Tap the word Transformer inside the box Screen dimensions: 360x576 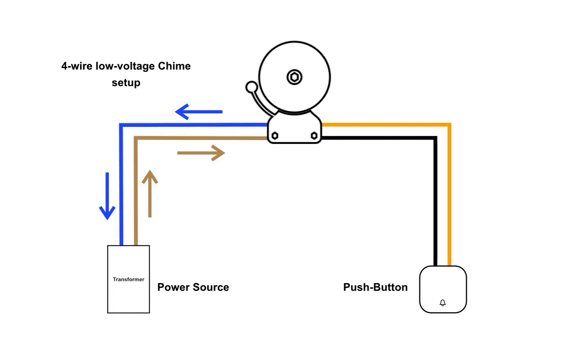[128, 279]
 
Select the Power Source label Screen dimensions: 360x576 [193, 288]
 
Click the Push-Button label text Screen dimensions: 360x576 [375, 288]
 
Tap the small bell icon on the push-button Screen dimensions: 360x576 [442, 303]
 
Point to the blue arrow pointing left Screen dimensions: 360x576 [198, 111]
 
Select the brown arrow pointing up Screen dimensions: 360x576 [150, 193]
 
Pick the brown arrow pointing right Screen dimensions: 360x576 [201, 153]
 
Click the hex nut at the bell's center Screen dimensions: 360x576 [294, 77]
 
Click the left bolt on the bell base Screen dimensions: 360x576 [275, 135]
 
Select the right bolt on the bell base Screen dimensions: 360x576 [314, 135]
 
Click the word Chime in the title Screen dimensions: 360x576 [174, 67]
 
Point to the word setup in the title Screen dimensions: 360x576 [126, 83]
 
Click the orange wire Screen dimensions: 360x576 [449, 193]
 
